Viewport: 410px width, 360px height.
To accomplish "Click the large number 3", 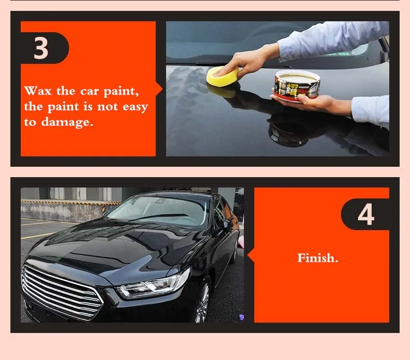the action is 41,48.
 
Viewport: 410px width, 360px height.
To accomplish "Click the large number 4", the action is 366,214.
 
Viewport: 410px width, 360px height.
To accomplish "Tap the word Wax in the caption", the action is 38,91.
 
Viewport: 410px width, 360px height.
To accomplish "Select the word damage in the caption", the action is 66,122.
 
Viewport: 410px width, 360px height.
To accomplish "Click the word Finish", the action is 318,258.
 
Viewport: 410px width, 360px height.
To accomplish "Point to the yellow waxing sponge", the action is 223,76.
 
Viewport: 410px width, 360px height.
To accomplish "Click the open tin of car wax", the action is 297,85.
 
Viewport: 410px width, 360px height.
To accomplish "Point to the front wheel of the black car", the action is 202,302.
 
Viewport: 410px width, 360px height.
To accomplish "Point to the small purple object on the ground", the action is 242,317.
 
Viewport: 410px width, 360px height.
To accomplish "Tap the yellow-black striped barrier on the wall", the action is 71,202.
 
